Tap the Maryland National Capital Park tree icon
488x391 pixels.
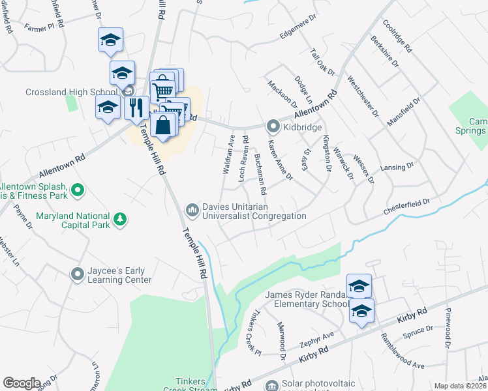point(120,220)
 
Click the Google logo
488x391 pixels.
point(22,383)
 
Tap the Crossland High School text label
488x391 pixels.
point(71,92)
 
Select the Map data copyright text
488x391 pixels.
point(461,386)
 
